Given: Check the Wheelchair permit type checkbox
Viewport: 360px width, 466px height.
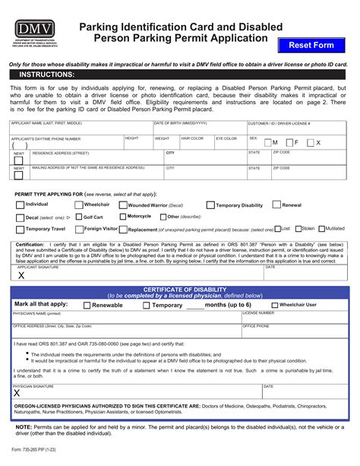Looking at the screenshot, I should click(78, 205).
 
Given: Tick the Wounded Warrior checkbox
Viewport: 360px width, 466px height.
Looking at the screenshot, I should click(123, 205).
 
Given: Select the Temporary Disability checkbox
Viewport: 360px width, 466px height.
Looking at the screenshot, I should click(210, 205).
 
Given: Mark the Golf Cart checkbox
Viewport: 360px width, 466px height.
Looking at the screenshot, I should click(78, 217).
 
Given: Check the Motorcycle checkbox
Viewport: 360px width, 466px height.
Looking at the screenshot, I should click(123, 217).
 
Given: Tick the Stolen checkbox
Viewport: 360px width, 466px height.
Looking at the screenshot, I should click(297, 228).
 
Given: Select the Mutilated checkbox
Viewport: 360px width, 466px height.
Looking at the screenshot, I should click(322, 228).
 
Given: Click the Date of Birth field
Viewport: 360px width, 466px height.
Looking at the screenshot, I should click(199, 128).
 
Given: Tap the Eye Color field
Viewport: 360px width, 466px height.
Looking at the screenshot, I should click(229, 144).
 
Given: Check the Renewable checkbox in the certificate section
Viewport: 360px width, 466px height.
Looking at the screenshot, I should click(87, 306).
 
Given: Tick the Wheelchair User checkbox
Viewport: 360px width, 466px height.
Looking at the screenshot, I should click(275, 306).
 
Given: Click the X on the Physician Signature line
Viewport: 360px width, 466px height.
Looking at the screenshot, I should click(17, 394).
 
